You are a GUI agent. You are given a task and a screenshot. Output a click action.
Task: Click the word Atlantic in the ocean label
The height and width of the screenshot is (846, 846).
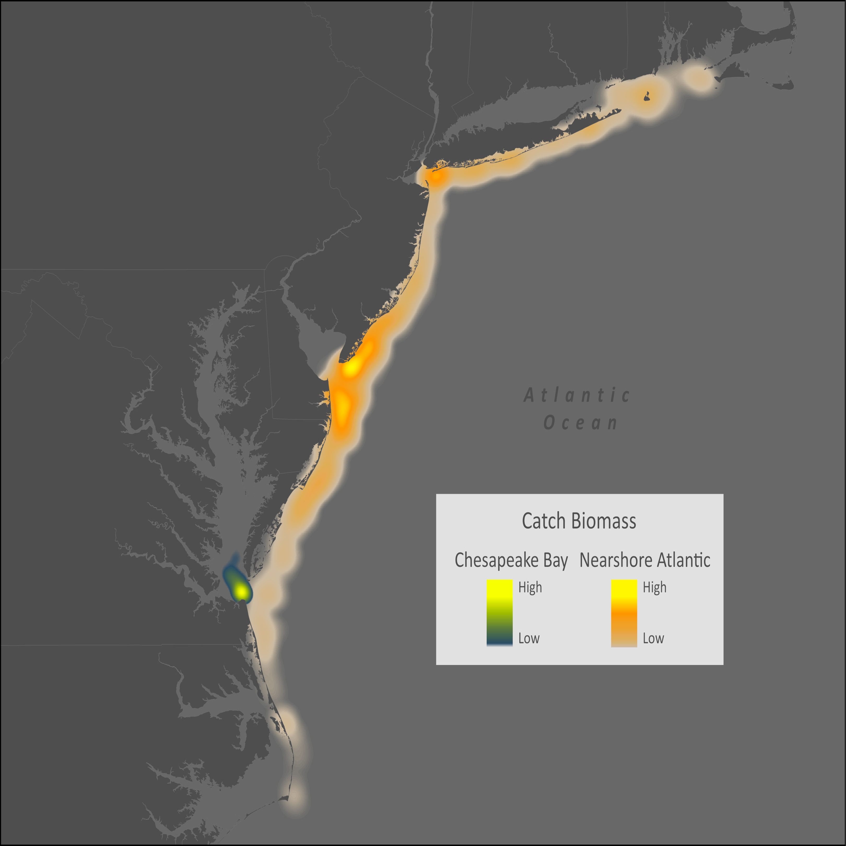pyautogui.click(x=577, y=395)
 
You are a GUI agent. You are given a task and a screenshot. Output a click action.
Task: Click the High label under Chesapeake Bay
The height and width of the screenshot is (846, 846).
pyautogui.click(x=530, y=587)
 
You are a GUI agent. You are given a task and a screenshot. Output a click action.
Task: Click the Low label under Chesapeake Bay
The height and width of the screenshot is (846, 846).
pyautogui.click(x=528, y=638)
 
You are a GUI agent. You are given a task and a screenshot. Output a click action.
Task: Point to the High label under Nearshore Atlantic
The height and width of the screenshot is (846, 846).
pyautogui.click(x=654, y=587)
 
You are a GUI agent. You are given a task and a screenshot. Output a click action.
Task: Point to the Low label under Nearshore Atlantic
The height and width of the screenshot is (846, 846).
pyautogui.click(x=653, y=638)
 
